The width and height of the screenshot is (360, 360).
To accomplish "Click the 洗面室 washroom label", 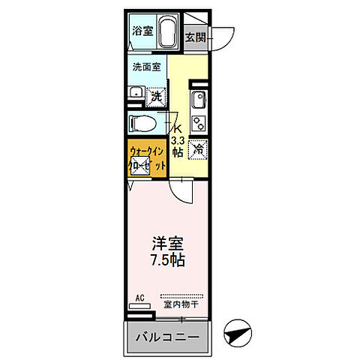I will coord(146,67).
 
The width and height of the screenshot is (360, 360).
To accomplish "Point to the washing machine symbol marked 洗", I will coord(156,95).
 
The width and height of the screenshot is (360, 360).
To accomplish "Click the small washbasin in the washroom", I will coord(136,93).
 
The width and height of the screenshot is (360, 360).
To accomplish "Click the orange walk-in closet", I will coord(145,158).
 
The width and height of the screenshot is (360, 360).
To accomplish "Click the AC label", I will coord(139,298).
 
